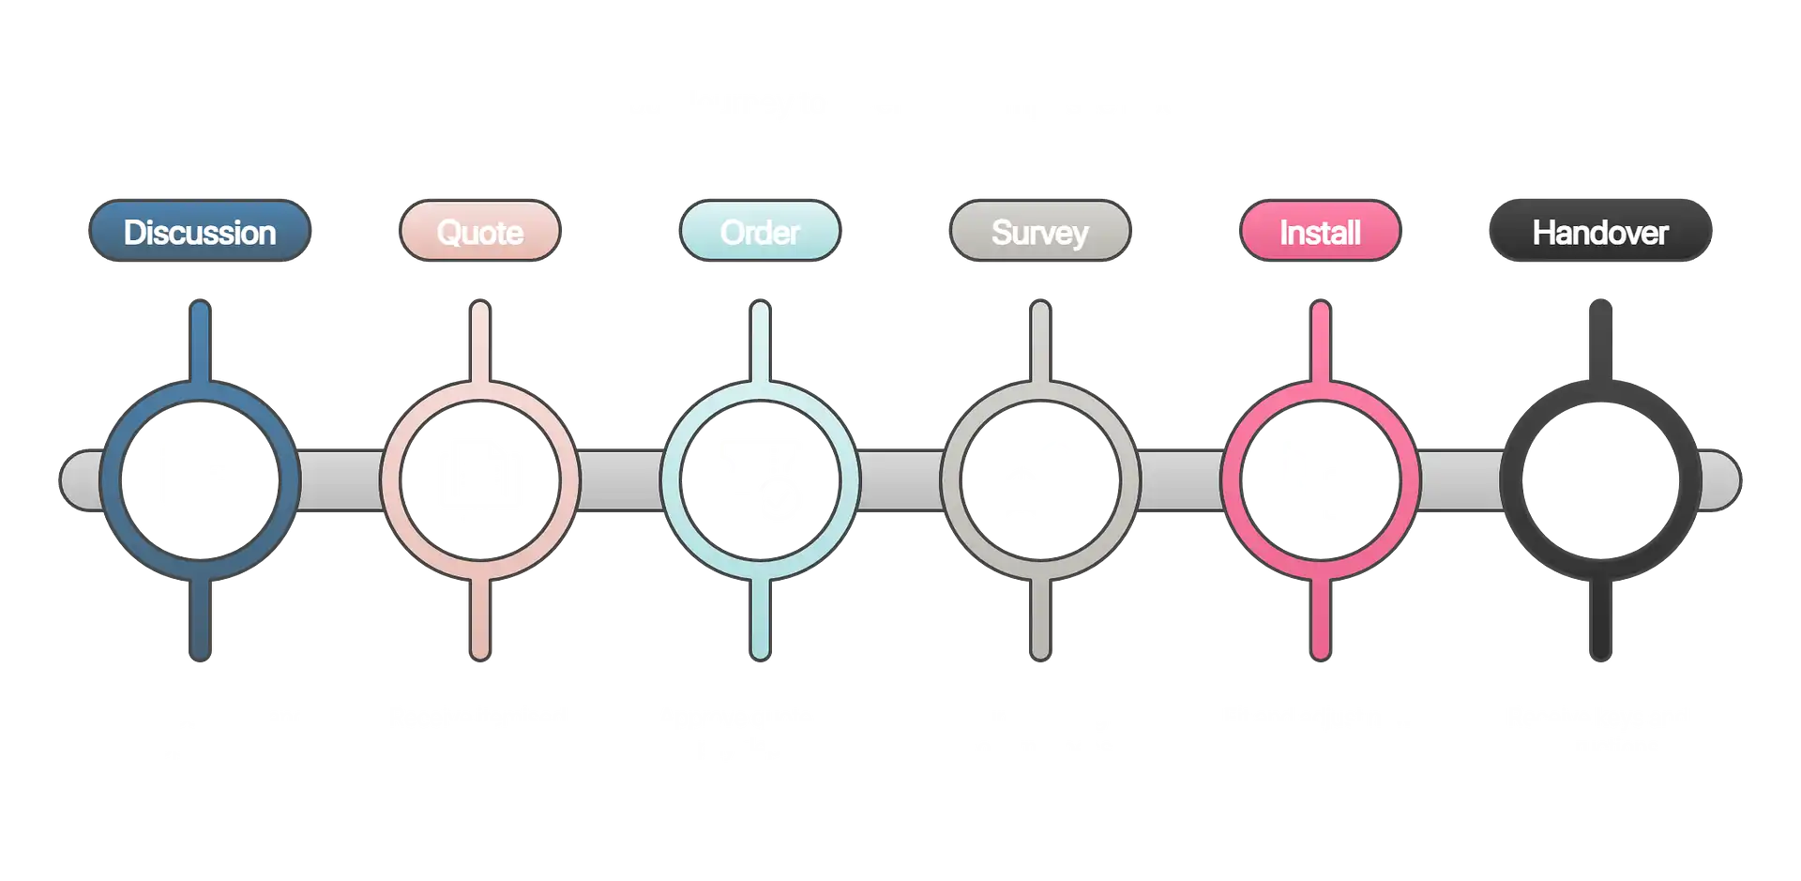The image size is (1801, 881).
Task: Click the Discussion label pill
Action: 200,232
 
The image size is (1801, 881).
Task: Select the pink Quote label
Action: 479,232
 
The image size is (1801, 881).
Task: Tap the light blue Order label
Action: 760,232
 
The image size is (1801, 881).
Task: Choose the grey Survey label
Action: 1039,232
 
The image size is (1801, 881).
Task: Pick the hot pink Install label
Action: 1320,232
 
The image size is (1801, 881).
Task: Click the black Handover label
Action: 1600,232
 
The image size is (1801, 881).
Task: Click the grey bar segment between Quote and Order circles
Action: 620,480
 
